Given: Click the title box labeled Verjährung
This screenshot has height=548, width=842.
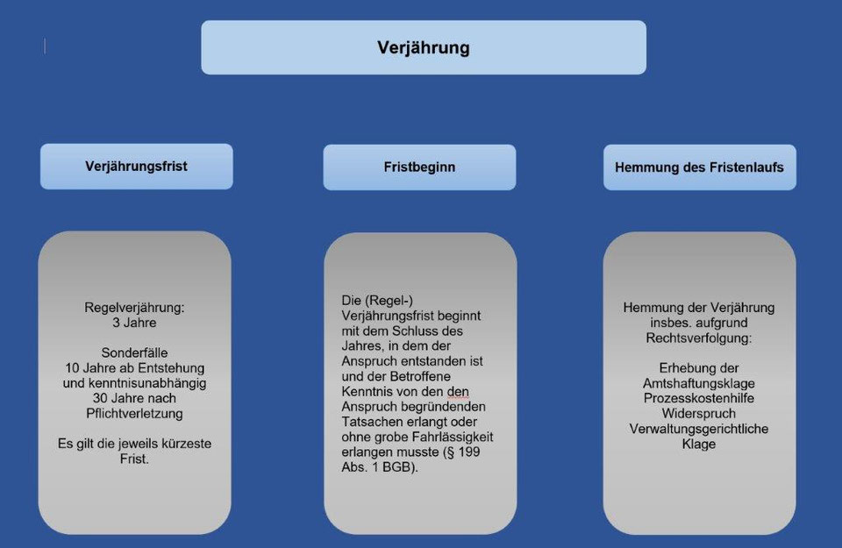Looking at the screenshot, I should click(x=424, y=47).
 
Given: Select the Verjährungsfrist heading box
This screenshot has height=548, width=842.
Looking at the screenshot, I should click(x=136, y=166).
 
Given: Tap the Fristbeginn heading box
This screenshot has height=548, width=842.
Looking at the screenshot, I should click(x=419, y=167).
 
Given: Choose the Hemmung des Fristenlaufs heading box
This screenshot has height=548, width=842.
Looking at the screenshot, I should click(x=699, y=167).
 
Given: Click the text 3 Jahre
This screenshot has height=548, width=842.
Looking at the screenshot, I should click(x=134, y=323).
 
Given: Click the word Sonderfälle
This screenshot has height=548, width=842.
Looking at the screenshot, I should click(x=134, y=352).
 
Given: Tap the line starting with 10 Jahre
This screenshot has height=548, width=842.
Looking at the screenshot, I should click(x=134, y=367).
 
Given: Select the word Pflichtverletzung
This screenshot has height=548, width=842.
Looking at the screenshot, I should click(x=134, y=413).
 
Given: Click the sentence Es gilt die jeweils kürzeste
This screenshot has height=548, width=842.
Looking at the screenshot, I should click(x=134, y=444).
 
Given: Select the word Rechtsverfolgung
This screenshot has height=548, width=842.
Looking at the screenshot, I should click(x=699, y=338).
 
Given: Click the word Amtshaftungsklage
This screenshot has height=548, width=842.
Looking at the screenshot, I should click(x=699, y=383).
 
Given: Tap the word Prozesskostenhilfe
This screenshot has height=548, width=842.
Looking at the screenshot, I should click(x=699, y=398).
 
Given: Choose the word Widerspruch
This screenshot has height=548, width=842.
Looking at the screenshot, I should click(x=699, y=413).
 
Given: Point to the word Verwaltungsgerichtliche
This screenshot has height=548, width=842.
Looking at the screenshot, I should click(x=699, y=429).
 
